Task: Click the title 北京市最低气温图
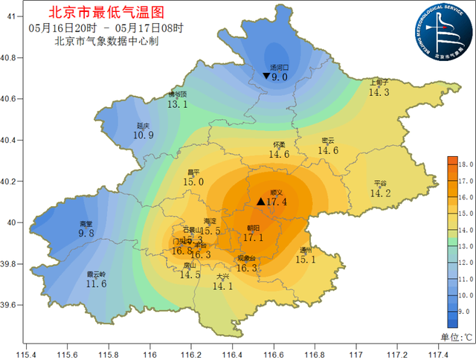105,13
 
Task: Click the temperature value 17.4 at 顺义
276,202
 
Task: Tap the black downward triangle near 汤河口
266,76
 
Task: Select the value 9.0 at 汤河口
280,77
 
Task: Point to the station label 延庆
144,126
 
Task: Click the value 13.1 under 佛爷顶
177,105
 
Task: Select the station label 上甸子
379,83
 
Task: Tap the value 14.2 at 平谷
380,193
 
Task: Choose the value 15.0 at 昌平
193,181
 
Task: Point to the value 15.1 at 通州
306,260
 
